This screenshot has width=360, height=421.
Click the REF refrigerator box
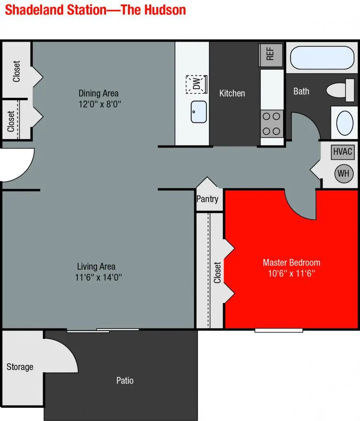click(x=271, y=55)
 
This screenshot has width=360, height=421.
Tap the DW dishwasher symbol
click(x=197, y=84)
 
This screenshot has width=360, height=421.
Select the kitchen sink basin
click(x=199, y=112)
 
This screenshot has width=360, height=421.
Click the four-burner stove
click(x=272, y=124)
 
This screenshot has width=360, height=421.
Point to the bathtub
click(x=322, y=58)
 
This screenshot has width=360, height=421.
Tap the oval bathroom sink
click(x=345, y=123)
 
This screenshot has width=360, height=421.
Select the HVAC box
click(x=343, y=152)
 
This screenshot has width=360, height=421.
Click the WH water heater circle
click(x=344, y=174)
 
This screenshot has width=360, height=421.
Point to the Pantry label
click(x=207, y=199)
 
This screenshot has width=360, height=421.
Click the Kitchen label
click(x=232, y=93)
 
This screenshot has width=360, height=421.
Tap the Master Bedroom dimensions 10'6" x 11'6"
click(x=291, y=273)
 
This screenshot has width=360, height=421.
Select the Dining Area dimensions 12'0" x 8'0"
click(x=100, y=104)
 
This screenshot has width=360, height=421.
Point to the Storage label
click(x=20, y=367)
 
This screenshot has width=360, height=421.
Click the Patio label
click(x=125, y=380)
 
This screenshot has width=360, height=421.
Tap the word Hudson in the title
click(x=165, y=10)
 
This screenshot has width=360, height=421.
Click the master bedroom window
click(x=279, y=330)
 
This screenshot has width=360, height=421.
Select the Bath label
click(x=301, y=91)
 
